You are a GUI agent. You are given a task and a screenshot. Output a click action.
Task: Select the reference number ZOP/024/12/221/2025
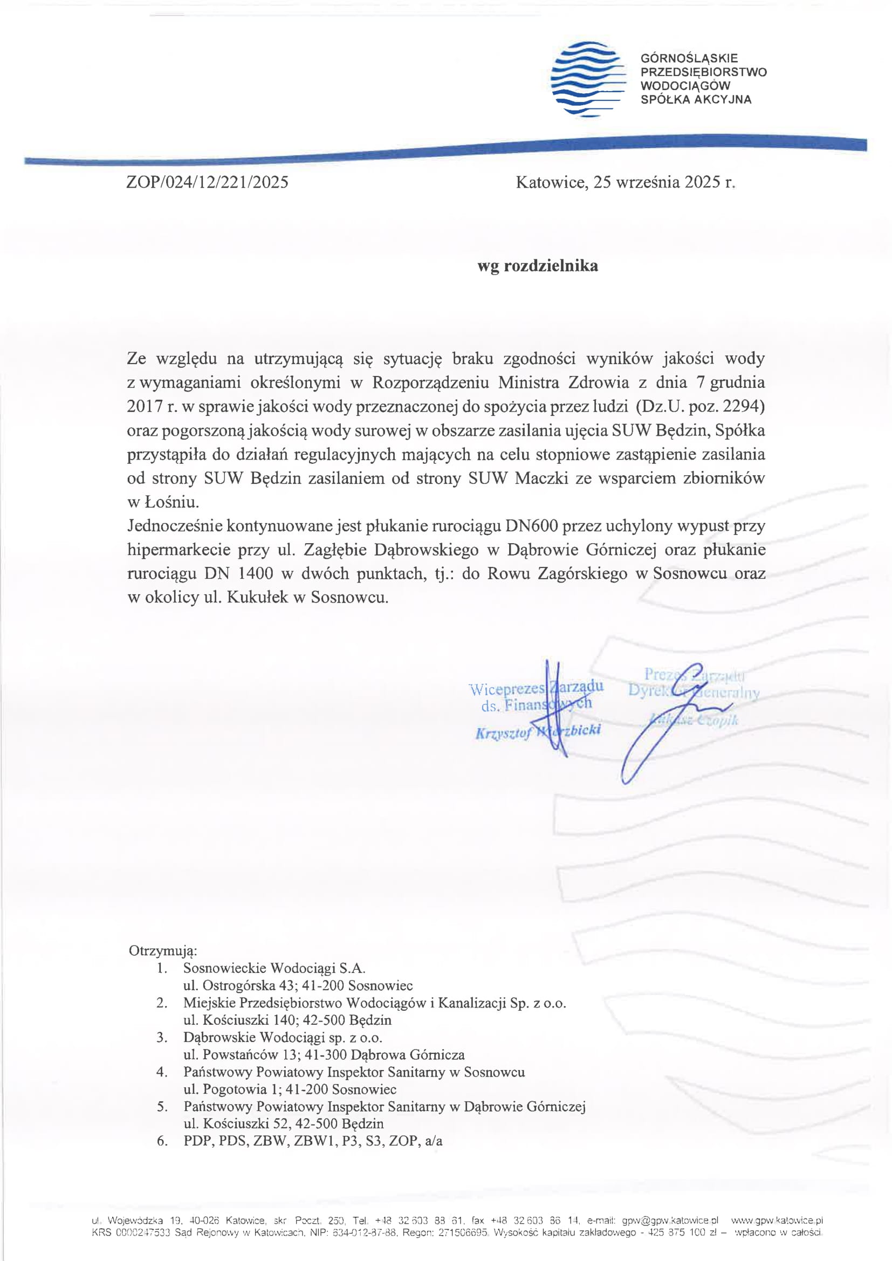click(207, 182)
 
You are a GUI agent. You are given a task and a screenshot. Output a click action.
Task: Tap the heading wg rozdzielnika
click(537, 266)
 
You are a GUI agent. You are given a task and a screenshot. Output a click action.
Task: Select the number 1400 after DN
click(256, 573)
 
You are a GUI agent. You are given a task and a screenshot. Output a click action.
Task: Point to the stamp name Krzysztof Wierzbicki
click(538, 731)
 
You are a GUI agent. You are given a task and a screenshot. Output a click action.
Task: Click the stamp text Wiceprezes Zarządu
click(536, 688)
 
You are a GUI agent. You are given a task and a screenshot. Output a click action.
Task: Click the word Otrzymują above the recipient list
click(162, 950)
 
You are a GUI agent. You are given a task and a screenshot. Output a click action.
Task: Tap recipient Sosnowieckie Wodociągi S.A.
click(274, 968)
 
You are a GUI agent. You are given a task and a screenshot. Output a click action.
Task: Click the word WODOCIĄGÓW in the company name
click(685, 86)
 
